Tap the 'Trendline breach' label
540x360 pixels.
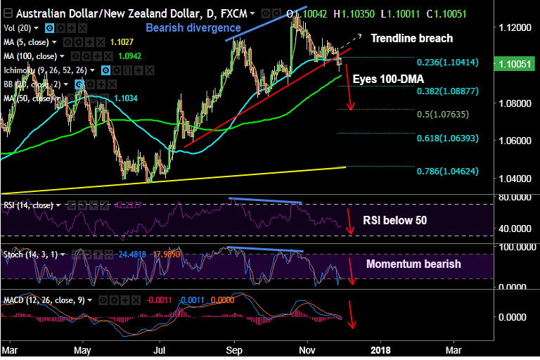click(x=411, y=38)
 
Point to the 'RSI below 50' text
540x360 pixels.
click(x=395, y=220)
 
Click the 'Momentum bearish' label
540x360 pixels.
click(x=413, y=264)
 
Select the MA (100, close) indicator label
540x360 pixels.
click(x=30, y=55)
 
